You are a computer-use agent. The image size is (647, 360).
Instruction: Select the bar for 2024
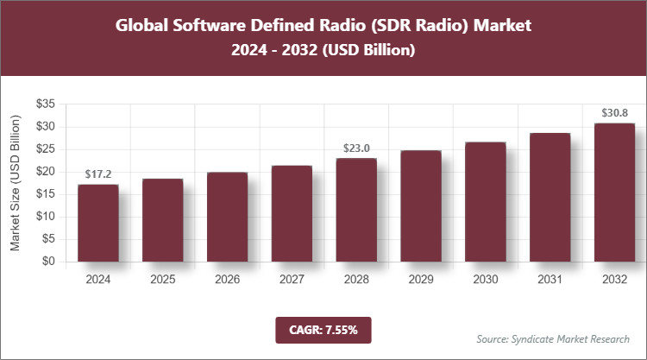97,223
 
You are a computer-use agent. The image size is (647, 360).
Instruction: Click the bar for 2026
227,217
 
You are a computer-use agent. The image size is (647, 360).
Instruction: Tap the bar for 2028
356,210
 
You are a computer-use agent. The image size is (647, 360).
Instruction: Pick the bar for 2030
486,202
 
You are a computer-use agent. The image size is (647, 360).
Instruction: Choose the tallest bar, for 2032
614,193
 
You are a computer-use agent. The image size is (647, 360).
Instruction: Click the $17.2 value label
97,174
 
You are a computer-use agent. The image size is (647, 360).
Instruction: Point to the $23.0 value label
356,148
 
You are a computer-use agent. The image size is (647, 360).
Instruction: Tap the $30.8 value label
614,113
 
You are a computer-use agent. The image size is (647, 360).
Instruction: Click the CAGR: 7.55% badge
323,330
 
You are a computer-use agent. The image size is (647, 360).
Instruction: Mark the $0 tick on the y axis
50,262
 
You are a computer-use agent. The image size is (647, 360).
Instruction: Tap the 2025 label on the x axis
162,279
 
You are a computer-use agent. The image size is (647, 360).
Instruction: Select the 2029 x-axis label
421,279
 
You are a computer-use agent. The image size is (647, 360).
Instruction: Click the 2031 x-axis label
550,279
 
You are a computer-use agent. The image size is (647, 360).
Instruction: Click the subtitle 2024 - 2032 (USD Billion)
323,51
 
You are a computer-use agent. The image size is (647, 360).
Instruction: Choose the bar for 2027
292,213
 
